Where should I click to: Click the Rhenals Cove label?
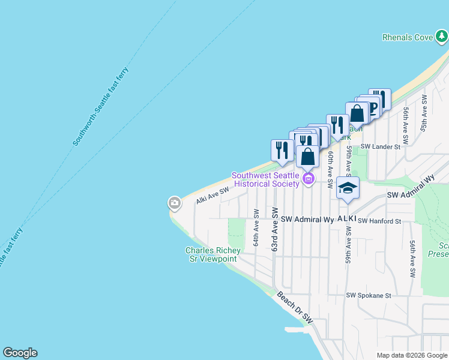click(x=407, y=37)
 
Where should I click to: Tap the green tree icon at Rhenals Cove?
click(x=442, y=37)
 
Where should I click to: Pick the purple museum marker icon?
click(x=309, y=178)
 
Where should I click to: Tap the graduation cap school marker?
click(x=348, y=188)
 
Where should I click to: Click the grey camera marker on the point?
click(x=175, y=203)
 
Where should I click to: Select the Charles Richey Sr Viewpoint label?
click(x=212, y=254)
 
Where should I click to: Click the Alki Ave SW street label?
click(x=212, y=195)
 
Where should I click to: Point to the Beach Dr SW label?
click(x=295, y=307)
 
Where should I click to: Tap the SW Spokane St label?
click(x=369, y=295)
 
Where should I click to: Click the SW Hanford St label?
click(x=379, y=221)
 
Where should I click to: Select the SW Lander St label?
click(x=380, y=146)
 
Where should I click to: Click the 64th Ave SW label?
click(x=256, y=227)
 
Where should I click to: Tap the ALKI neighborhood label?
click(x=347, y=219)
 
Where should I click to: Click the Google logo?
click(x=20, y=353)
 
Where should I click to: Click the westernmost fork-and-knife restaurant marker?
click(x=282, y=151)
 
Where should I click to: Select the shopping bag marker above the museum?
click(x=307, y=157)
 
